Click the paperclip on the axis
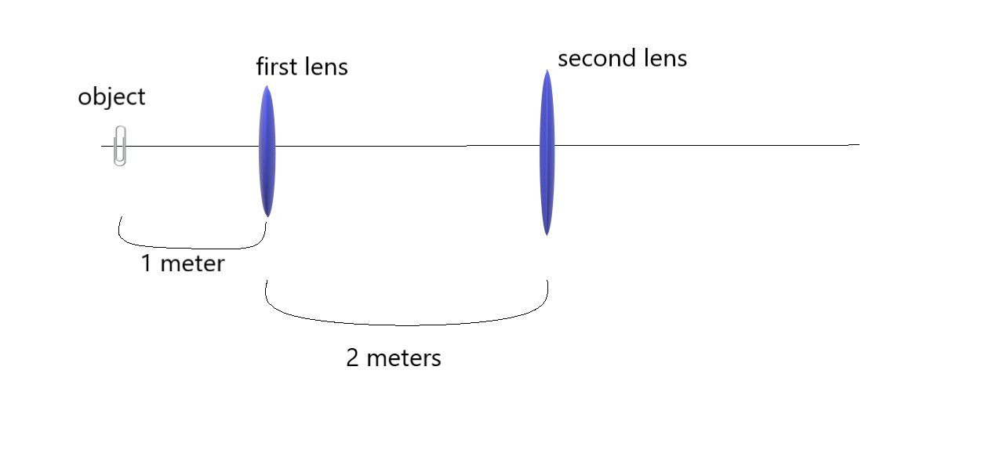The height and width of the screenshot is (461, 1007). click(x=119, y=146)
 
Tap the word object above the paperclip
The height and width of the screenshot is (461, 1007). click(x=111, y=97)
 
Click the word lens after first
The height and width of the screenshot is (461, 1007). click(x=325, y=67)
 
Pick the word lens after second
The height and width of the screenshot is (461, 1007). click(x=665, y=59)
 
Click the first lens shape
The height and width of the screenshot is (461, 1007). click(x=267, y=151)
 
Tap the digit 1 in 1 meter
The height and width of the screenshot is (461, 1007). click(x=146, y=264)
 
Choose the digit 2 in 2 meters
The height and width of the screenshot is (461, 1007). click(x=352, y=358)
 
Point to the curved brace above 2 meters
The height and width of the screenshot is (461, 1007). click(x=406, y=318)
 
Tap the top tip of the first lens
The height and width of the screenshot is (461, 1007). click(x=267, y=85)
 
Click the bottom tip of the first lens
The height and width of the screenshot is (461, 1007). click(x=268, y=216)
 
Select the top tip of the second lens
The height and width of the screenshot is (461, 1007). click(x=546, y=71)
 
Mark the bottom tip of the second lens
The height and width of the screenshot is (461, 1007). click(x=547, y=234)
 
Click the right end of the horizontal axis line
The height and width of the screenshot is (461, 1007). click(x=859, y=144)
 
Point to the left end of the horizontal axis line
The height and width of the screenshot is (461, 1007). click(x=101, y=146)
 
